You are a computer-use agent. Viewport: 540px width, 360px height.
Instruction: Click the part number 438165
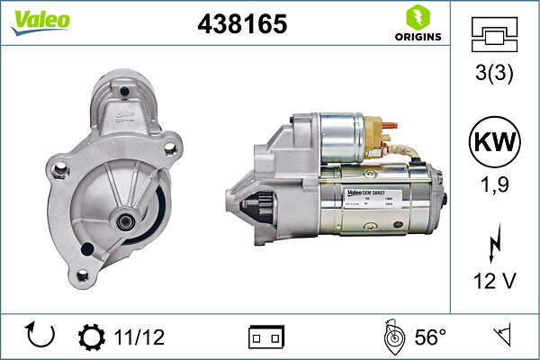(241, 25)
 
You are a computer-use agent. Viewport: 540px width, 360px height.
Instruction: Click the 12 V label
(494, 282)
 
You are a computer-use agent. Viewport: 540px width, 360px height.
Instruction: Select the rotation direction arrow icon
(41, 336)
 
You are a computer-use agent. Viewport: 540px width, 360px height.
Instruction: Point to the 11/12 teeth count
(140, 337)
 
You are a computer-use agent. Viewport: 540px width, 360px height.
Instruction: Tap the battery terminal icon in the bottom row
(266, 337)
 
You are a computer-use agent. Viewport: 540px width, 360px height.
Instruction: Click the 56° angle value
(430, 337)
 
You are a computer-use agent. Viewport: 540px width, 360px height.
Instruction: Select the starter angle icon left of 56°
(392, 337)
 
